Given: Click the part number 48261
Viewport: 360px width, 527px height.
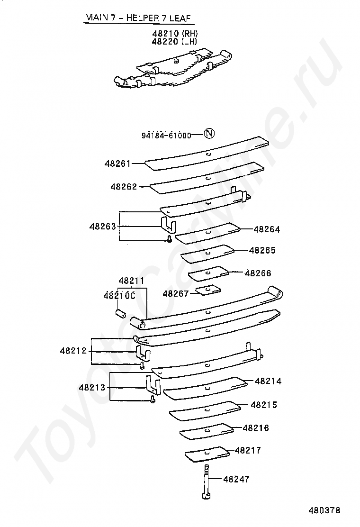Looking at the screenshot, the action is point(117,164).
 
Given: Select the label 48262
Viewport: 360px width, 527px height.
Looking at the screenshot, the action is point(124,187).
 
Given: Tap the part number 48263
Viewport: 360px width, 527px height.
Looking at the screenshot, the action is point(102,227).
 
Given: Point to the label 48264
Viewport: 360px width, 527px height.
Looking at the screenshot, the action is point(267,229).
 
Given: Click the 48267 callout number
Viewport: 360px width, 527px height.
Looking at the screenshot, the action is point(176,293).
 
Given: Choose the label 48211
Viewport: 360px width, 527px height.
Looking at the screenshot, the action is point(131,281).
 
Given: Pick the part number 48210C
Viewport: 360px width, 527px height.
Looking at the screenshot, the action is point(119,295).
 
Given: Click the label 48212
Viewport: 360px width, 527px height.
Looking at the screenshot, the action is point(73,351).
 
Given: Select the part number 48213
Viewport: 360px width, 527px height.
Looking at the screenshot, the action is point(92,387).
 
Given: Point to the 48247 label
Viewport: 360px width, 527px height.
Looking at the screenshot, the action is point(236,479).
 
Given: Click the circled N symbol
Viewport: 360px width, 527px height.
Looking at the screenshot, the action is point(209,134).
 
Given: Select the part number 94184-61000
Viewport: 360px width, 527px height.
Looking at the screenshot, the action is point(166,135).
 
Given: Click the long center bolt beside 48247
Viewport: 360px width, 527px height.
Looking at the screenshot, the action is point(206,481).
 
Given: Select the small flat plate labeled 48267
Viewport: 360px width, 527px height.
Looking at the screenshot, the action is point(209,289).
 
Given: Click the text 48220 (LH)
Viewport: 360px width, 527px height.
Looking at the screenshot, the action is point(174,42).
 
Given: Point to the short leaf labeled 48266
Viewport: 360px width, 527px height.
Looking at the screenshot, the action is point(208,273).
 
